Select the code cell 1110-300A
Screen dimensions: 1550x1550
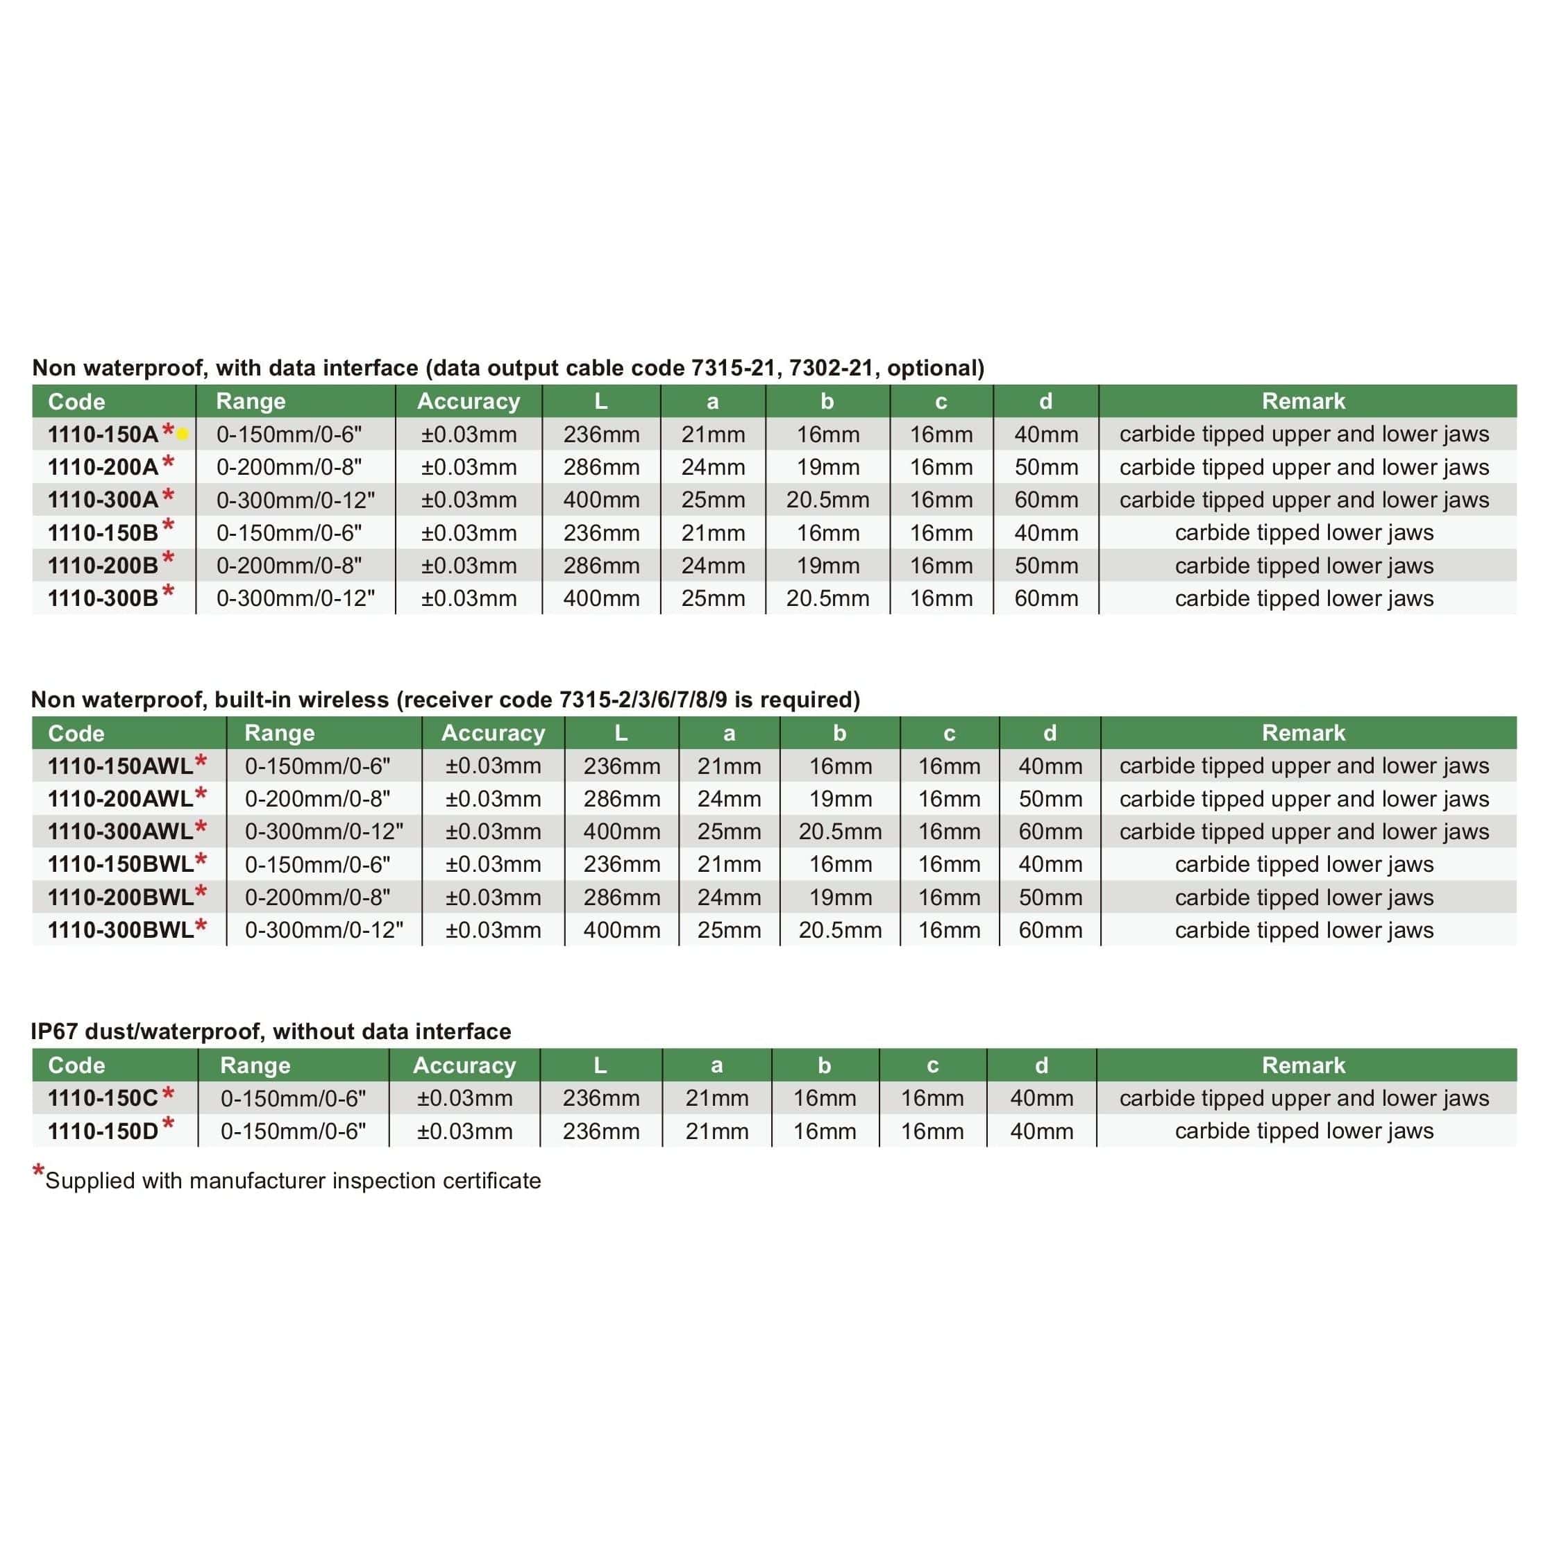103,500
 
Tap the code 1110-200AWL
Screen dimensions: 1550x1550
120,799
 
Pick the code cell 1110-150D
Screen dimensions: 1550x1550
103,1131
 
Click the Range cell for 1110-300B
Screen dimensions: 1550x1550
295,598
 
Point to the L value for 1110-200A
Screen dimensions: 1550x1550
601,467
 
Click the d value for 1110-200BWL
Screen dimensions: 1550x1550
1050,898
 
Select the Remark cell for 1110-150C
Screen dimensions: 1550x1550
1304,1098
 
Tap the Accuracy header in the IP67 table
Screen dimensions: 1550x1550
464,1065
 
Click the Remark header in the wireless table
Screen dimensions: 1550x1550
1303,733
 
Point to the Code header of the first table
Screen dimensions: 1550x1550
76,402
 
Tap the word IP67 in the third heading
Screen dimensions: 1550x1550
55,1031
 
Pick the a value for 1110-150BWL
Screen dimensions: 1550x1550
728,865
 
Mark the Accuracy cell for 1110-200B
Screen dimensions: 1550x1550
469,566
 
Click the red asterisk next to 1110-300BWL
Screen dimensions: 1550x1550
201,926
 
